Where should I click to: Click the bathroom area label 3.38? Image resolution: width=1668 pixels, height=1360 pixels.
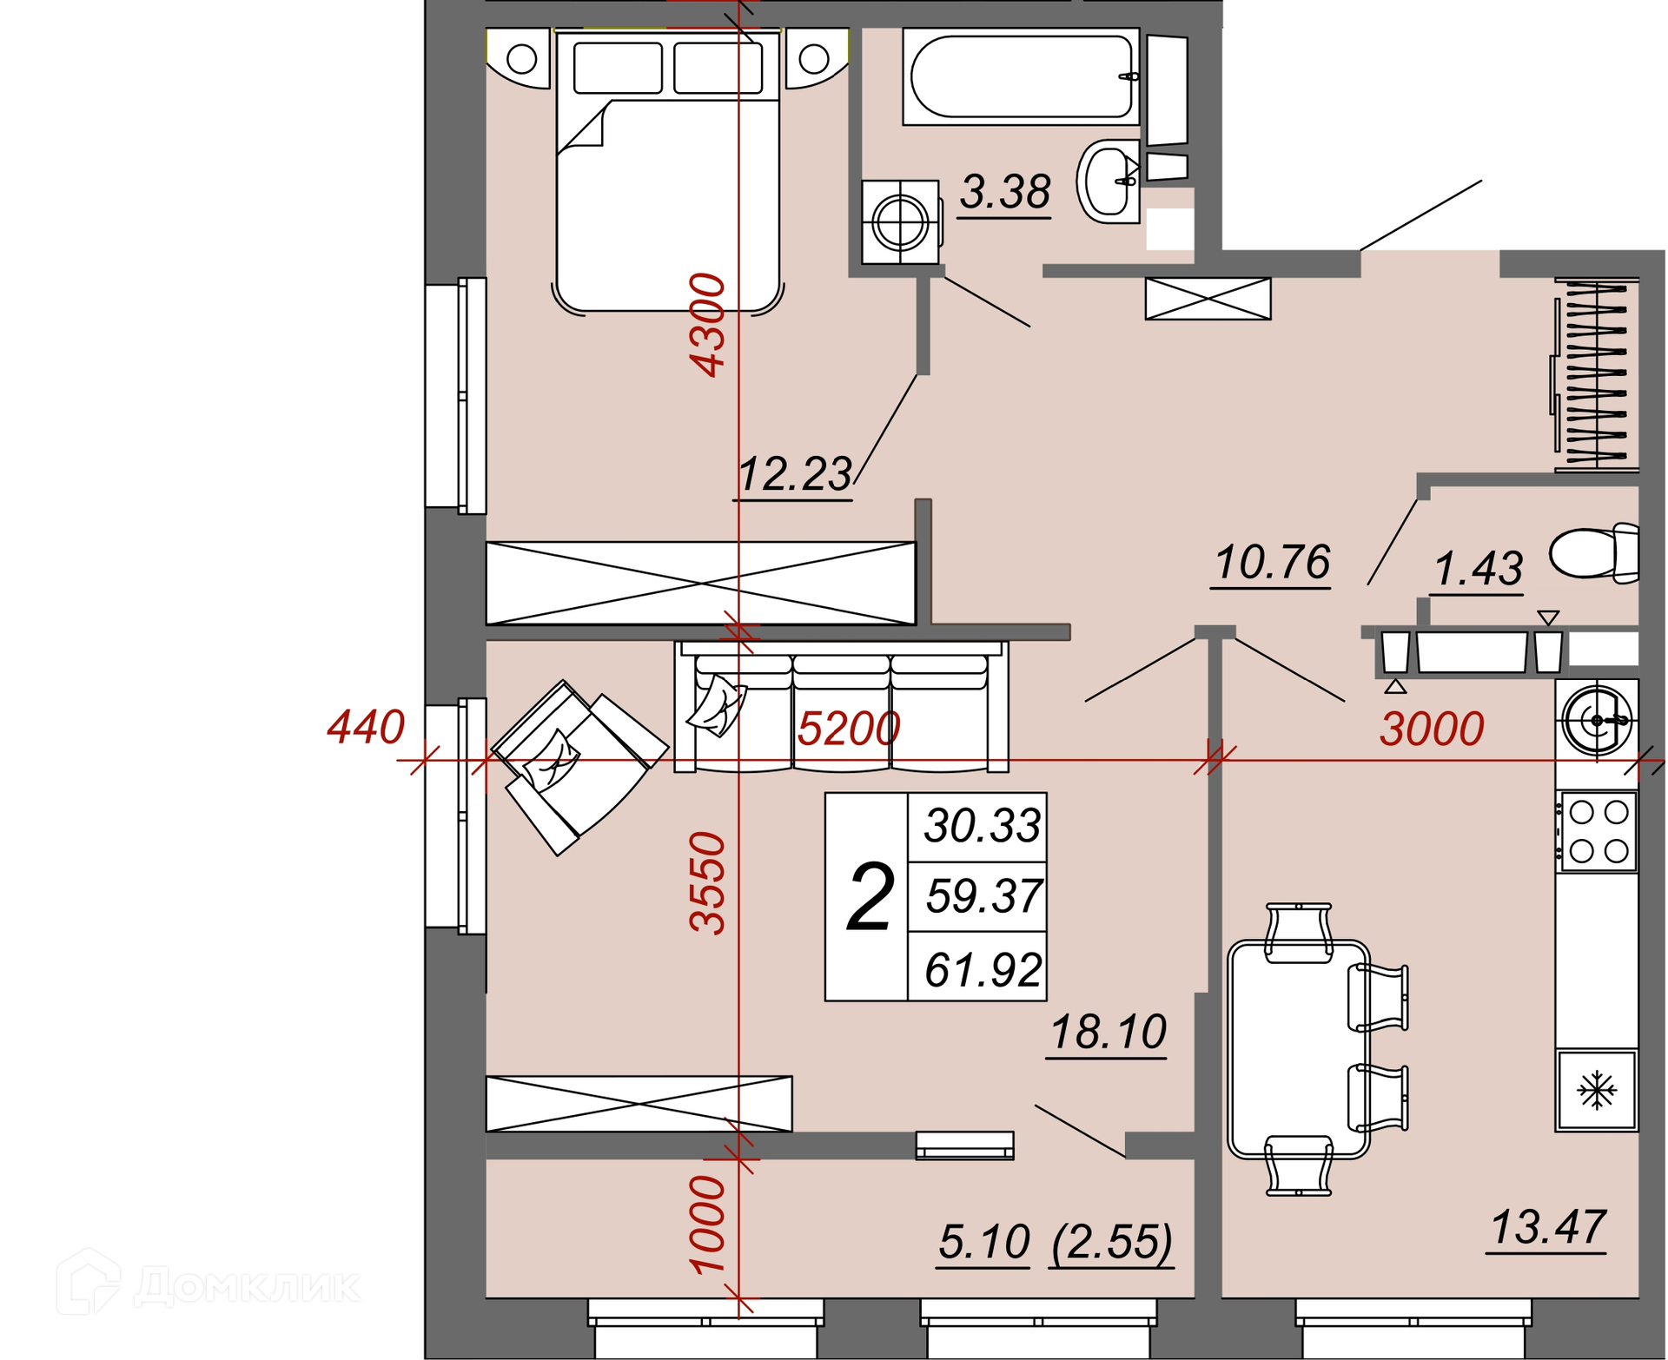1005,192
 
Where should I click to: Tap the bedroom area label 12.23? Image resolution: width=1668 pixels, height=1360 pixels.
795,474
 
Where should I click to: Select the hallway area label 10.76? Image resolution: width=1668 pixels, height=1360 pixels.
1272,562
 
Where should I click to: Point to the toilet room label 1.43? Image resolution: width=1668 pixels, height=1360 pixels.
1478,569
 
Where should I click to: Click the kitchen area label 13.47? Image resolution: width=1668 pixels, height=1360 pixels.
1547,1227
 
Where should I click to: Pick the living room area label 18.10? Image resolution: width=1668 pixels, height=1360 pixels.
1108,1032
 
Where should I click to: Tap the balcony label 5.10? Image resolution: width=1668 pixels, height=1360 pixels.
984,1242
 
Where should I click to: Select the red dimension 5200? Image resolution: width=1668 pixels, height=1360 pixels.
849,729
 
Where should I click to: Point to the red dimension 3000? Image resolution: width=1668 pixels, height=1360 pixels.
1432,729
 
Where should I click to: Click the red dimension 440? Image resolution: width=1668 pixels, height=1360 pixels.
366,726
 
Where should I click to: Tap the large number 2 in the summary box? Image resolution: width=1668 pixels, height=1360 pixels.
870,897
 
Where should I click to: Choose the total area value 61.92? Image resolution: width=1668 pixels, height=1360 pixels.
983,969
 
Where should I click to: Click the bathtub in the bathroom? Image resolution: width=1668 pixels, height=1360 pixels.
1021,76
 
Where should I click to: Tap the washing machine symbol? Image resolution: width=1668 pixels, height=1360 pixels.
900,221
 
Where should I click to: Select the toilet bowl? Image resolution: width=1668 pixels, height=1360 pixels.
1594,553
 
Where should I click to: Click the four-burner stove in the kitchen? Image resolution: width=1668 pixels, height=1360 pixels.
1598,831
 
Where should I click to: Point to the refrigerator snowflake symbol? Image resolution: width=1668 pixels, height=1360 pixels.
1597,1090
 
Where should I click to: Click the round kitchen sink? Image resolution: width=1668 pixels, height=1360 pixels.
1597,720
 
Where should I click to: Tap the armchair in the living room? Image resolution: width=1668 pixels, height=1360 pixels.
579,768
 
